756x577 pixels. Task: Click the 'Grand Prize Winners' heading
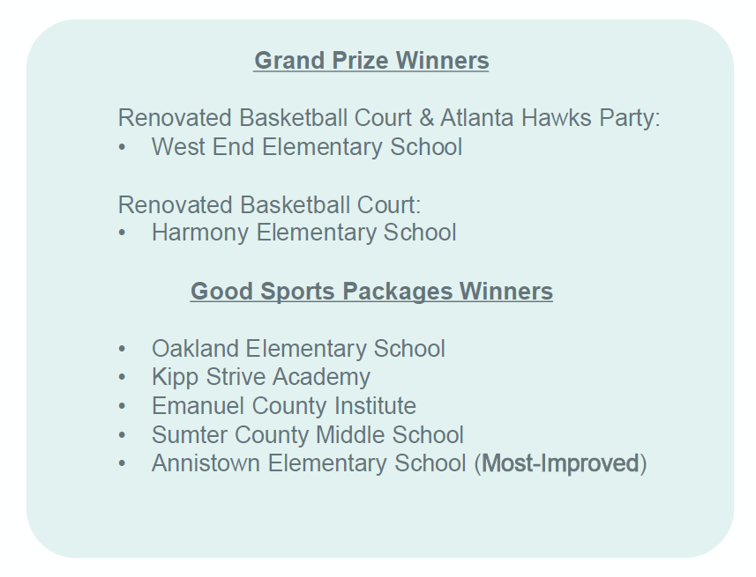[371, 61]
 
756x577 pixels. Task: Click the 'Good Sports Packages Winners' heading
[371, 292]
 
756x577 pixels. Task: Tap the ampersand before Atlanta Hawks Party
[426, 118]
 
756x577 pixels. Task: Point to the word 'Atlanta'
[477, 118]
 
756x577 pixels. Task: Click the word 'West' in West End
[178, 147]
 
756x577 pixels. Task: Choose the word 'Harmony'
[200, 233]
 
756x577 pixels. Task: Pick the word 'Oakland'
[195, 349]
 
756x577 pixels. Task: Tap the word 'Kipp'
[175, 378]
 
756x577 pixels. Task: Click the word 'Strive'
[235, 377]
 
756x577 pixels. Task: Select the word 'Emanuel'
[198, 406]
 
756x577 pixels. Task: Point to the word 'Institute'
[375, 406]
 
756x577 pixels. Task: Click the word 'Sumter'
[190, 435]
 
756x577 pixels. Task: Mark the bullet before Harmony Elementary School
[122, 233]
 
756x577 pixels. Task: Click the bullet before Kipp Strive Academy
[122, 378]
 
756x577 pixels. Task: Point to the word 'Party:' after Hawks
[630, 118]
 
